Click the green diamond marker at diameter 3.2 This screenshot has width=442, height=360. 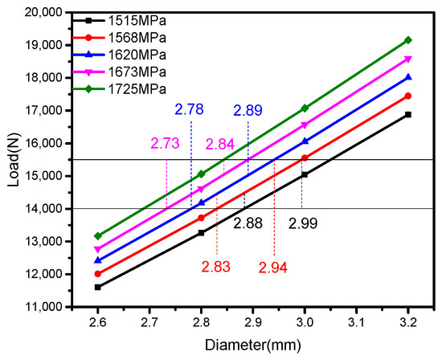tap(408, 40)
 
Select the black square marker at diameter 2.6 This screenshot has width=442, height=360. tap(97, 287)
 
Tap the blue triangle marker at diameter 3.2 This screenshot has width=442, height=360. tap(408, 77)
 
